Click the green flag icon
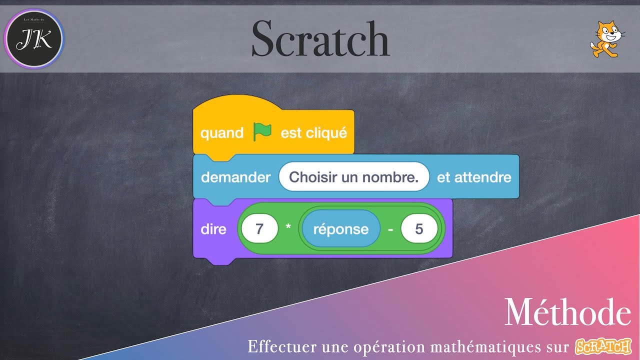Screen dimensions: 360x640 tap(262, 131)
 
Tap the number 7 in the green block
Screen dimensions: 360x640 tap(259, 229)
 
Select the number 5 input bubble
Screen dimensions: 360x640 tap(419, 229)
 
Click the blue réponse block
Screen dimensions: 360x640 tap(340, 229)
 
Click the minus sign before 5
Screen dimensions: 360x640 tap(390, 229)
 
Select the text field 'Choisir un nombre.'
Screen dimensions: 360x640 tap(354, 177)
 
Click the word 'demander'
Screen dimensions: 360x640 tap(235, 177)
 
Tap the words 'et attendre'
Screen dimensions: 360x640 tap(474, 177)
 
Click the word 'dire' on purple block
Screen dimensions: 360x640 tap(213, 229)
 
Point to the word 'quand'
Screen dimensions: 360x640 tap(221, 133)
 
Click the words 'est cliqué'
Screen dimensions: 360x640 tap(313, 133)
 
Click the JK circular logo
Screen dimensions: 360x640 tap(34, 39)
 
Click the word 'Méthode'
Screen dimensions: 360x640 tap(567, 313)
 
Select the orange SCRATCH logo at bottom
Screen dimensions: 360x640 tap(603, 345)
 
